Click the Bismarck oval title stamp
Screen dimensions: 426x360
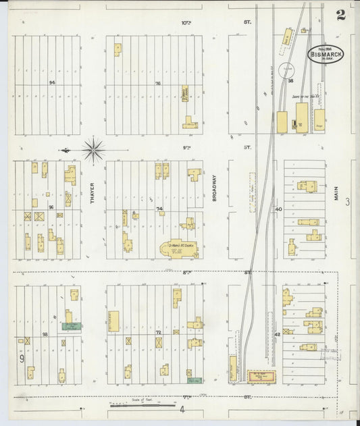pyautogui.click(x=326, y=53)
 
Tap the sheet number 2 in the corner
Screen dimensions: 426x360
pyautogui.click(x=341, y=16)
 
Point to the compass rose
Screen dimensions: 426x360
pyautogui.click(x=93, y=149)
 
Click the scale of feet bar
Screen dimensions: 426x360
pyautogui.click(x=143, y=405)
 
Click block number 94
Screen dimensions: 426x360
pyautogui.click(x=51, y=82)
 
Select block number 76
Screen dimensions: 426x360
pyautogui.click(x=157, y=83)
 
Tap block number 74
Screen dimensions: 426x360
pyautogui.click(x=160, y=209)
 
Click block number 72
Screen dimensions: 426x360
pyautogui.click(x=159, y=334)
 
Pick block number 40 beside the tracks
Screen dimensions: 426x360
pyautogui.click(x=278, y=209)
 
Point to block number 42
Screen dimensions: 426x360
pyautogui.click(x=277, y=334)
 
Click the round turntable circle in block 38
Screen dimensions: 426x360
pyautogui.click(x=287, y=70)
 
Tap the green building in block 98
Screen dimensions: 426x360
pyautogui.click(x=71, y=326)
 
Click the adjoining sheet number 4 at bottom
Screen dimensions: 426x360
pyautogui.click(x=182, y=409)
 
